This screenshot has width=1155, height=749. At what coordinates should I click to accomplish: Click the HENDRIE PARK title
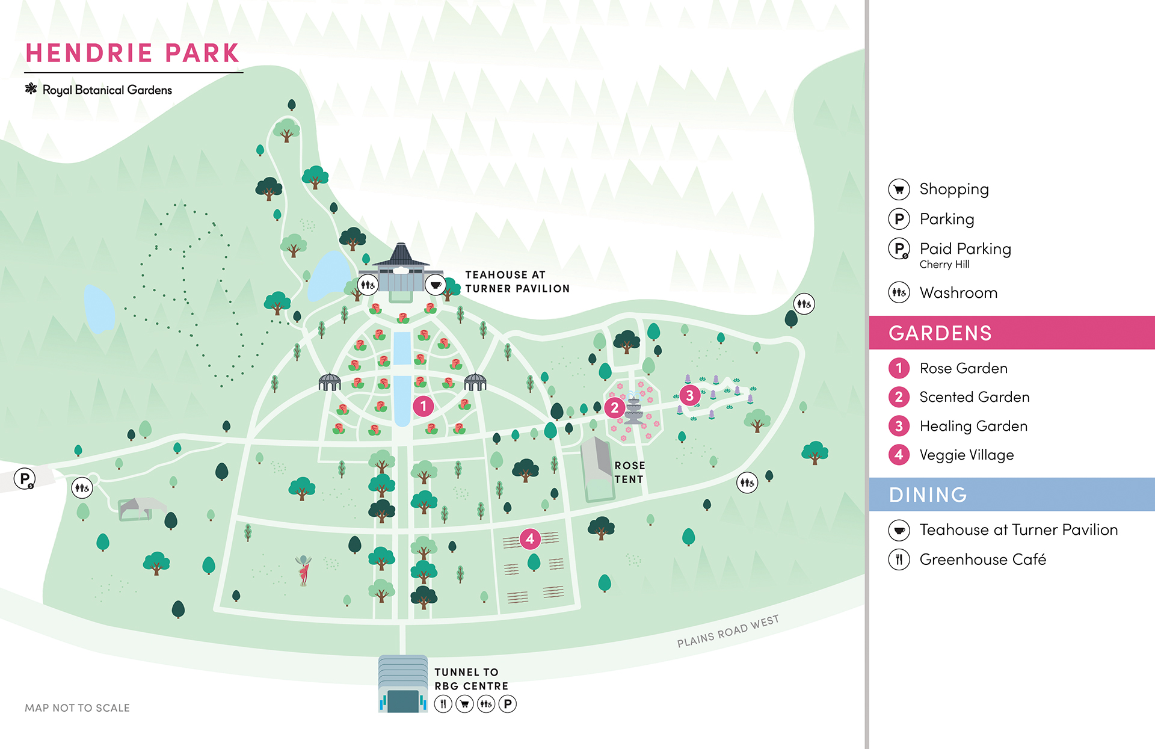click(132, 53)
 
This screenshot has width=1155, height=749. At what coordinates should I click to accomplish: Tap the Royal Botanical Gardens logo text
click(106, 90)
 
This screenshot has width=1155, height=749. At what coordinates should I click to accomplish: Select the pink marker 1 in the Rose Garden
click(423, 407)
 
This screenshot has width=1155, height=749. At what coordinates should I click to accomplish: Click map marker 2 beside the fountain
click(614, 408)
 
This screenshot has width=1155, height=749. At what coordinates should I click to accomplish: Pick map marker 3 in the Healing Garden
click(690, 395)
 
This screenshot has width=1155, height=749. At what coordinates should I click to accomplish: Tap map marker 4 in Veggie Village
click(530, 539)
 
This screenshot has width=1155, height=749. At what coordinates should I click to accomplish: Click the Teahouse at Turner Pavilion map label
click(517, 282)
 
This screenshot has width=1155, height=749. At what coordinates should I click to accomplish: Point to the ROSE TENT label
click(629, 472)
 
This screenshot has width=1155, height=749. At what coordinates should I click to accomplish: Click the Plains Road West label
click(727, 631)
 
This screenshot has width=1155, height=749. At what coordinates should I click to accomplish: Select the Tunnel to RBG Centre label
click(471, 679)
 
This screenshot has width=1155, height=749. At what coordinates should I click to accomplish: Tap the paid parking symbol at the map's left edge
click(25, 479)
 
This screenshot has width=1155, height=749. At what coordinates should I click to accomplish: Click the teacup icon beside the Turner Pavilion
click(436, 285)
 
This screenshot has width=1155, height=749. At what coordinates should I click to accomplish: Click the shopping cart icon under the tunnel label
click(464, 703)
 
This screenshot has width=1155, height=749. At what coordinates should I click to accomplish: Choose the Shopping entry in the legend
click(953, 189)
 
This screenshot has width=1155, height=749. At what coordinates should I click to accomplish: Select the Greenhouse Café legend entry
click(982, 559)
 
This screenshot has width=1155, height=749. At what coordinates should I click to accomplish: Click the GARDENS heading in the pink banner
click(940, 333)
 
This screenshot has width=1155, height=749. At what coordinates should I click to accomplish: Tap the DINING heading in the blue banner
click(928, 495)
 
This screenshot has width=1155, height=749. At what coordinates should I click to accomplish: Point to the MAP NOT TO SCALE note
click(77, 708)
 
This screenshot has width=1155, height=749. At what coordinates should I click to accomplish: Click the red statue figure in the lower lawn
click(304, 570)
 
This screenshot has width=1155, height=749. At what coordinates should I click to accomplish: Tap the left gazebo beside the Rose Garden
click(330, 382)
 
